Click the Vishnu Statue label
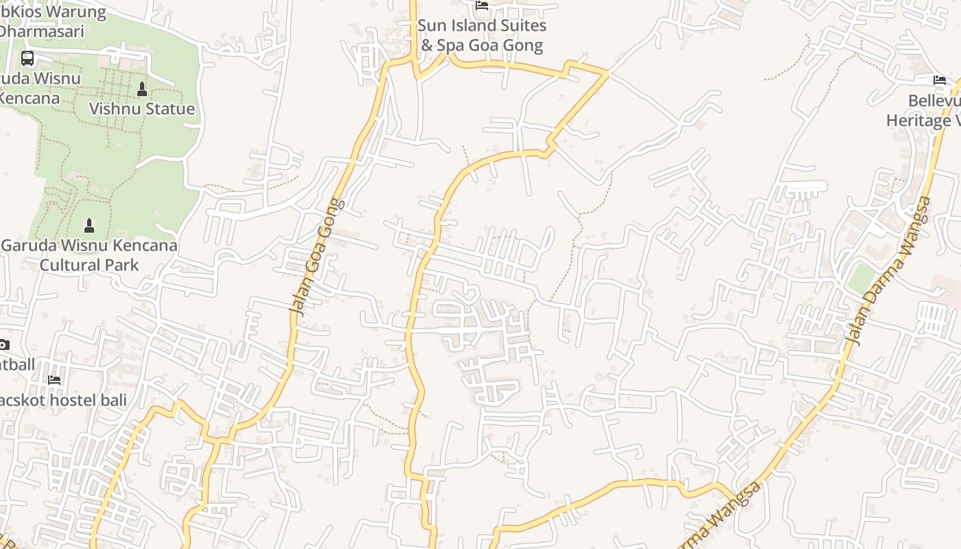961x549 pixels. (142, 109)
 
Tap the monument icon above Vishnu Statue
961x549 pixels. (142, 89)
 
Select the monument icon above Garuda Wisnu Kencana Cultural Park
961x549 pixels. (89, 225)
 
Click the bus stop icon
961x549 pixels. (27, 58)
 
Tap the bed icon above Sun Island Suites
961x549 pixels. (482, 5)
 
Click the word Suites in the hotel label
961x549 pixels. (522, 26)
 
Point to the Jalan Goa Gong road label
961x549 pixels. (315, 257)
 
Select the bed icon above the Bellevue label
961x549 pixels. (940, 80)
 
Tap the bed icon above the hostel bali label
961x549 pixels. (54, 379)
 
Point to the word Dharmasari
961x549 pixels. (41, 32)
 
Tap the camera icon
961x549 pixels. (3, 344)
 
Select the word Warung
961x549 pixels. (76, 12)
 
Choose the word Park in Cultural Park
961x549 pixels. (123, 265)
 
